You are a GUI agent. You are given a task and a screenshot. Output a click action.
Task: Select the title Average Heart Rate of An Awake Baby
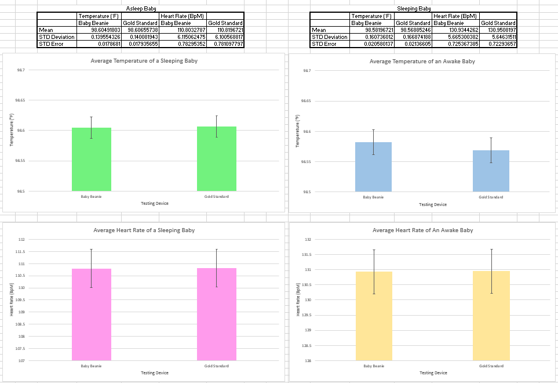(422, 230)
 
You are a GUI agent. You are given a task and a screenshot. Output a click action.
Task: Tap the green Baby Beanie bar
(92, 159)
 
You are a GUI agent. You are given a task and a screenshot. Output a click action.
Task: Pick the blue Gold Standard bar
(491, 171)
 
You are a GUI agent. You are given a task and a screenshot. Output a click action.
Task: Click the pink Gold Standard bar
(217, 314)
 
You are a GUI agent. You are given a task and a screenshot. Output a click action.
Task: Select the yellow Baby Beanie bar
(374, 316)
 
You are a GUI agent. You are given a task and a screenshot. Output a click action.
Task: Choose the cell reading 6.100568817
(225, 37)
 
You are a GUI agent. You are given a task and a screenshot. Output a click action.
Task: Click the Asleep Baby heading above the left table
(141, 9)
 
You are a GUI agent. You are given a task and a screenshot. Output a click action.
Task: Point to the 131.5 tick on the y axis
(307, 254)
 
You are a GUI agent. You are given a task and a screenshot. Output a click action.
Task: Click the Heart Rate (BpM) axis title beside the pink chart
(11, 299)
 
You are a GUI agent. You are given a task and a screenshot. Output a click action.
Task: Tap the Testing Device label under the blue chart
(433, 204)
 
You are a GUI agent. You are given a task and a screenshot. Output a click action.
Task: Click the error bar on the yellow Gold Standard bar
(491, 271)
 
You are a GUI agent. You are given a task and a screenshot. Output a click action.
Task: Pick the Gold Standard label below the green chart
(217, 196)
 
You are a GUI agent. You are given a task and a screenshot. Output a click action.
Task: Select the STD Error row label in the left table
(49, 44)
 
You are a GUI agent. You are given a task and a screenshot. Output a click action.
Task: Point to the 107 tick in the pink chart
(21, 361)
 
